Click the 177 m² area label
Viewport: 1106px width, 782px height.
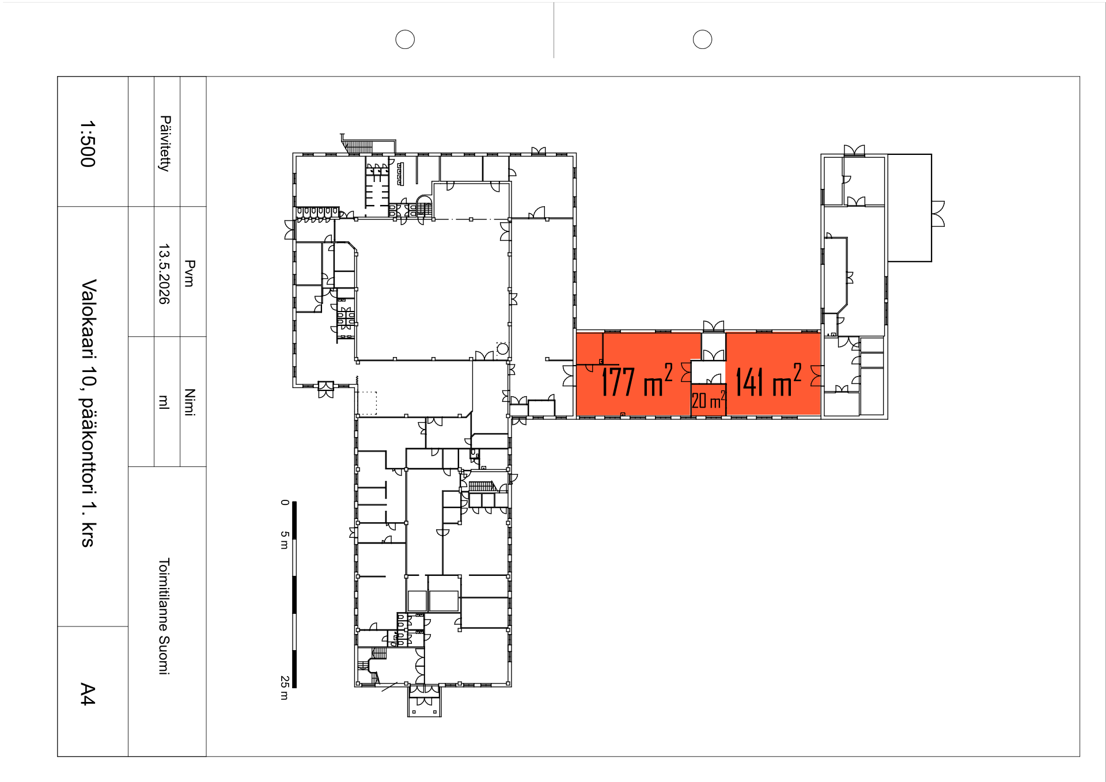(x=637, y=381)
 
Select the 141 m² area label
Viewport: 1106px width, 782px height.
(x=768, y=381)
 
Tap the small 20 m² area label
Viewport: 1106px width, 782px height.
(x=709, y=400)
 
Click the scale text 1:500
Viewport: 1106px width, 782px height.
(x=88, y=143)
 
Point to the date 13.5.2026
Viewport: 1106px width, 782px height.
(x=164, y=274)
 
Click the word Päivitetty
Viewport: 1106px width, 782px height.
(x=165, y=143)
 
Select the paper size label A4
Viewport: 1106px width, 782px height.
(x=88, y=694)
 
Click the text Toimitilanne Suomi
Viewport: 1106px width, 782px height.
(x=164, y=616)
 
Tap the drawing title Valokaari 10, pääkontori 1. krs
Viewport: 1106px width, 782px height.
(x=89, y=413)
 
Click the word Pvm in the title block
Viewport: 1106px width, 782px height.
(x=190, y=273)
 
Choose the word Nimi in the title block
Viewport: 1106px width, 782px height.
(x=190, y=402)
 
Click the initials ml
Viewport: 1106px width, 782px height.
(x=164, y=402)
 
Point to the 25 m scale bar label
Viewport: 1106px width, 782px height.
(x=285, y=688)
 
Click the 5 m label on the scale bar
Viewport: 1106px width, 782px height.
(x=285, y=540)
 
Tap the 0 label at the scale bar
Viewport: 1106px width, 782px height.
(x=285, y=502)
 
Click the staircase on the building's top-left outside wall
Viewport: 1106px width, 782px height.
(x=358, y=146)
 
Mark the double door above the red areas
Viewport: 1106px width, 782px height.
(x=714, y=327)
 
